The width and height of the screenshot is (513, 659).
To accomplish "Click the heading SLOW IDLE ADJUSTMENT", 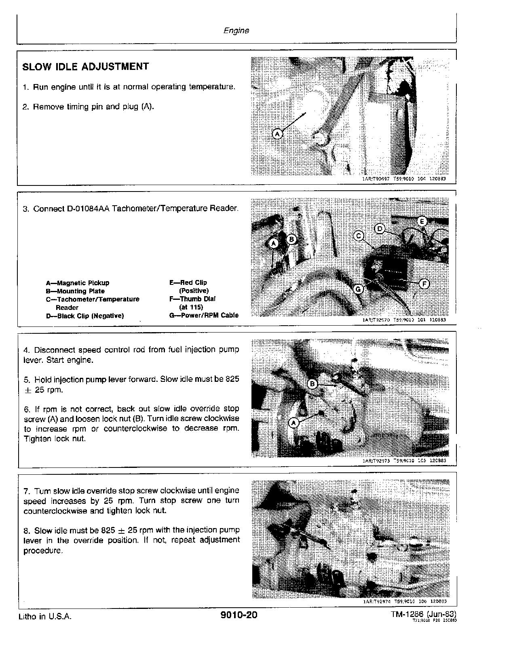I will (x=85, y=67).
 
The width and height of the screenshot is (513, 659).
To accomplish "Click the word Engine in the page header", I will (x=236, y=30).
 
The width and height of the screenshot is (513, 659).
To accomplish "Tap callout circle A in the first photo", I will (x=277, y=133).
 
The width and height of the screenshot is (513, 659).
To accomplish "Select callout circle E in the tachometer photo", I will (x=422, y=221).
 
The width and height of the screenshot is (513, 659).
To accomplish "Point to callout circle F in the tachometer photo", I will (x=424, y=284).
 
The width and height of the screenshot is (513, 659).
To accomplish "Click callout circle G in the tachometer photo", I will (x=358, y=289).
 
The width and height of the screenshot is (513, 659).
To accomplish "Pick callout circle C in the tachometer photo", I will (x=359, y=236).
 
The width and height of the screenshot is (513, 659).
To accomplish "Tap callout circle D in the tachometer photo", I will (x=380, y=229).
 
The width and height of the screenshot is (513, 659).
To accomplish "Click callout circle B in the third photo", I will (x=312, y=384).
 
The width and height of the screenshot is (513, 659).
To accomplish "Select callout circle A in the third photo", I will (x=293, y=423).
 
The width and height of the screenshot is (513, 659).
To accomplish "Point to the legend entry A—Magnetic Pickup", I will (x=77, y=283).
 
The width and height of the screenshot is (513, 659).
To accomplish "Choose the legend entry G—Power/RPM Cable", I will (x=204, y=315).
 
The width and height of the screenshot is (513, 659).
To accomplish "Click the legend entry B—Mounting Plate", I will (x=75, y=291).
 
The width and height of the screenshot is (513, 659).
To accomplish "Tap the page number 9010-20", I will (x=239, y=615).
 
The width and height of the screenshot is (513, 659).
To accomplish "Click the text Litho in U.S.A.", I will (x=45, y=617).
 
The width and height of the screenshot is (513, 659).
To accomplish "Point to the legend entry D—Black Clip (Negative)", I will (x=84, y=316).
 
